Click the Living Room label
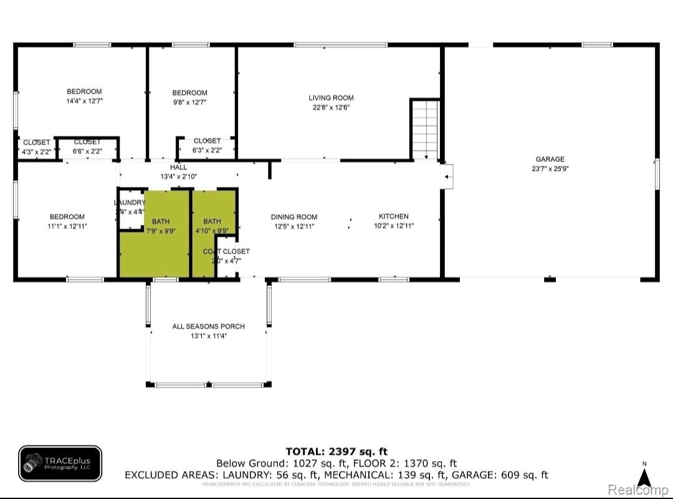point(331,98)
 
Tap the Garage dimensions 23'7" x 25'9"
point(550,168)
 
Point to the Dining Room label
point(294,217)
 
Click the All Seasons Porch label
point(208,326)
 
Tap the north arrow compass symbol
point(644,476)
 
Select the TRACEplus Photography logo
point(60,464)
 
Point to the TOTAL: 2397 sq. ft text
point(336,452)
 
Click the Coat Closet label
point(226,251)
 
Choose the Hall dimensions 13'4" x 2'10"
point(178,176)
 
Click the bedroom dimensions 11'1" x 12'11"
point(67,226)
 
